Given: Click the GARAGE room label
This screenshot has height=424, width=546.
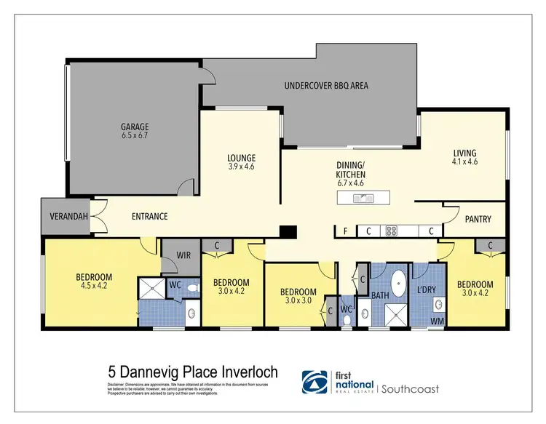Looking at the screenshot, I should coord(134,126).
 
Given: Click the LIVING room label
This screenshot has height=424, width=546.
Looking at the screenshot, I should coord(464,153).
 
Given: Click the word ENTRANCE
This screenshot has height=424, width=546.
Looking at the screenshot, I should coord(149,217).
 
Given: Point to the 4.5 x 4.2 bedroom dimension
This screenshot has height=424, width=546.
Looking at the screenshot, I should coord(94,286).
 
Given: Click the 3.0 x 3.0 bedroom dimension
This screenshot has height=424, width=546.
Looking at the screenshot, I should coord(299,302).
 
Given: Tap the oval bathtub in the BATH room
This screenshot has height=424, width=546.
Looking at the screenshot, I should coord(399,281).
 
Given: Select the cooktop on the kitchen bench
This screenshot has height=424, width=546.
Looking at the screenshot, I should coord(392,231).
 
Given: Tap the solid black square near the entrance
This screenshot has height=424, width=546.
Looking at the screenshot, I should coord(289,231).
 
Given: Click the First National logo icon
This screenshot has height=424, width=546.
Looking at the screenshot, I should coord(315,382).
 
